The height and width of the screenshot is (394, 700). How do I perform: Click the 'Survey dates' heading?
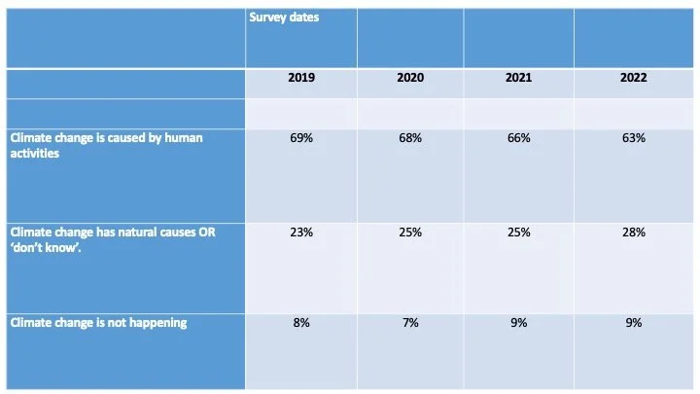point(284,17)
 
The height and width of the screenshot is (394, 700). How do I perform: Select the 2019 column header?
point(301,79)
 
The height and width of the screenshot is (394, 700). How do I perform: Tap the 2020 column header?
point(410,79)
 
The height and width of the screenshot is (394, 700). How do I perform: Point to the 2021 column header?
point(518,79)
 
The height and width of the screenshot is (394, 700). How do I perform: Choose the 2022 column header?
point(634,79)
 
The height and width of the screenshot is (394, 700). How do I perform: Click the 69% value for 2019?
point(301,138)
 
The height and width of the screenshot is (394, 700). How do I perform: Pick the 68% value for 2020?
point(410,138)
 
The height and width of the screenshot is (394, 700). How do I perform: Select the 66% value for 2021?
point(518,138)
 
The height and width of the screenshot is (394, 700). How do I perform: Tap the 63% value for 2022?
point(634,138)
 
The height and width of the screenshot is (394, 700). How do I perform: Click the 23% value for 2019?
point(301,233)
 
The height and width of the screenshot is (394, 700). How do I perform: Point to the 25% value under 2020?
point(410,233)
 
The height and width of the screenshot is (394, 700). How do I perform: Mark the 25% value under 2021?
point(518,233)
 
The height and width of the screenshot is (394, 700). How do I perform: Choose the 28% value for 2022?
point(634,233)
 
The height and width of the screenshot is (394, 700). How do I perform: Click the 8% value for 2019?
point(301,324)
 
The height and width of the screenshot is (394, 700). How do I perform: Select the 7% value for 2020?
point(410,324)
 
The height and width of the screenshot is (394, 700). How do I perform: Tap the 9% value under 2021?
point(518,324)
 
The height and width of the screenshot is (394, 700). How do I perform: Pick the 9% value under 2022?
point(634,324)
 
